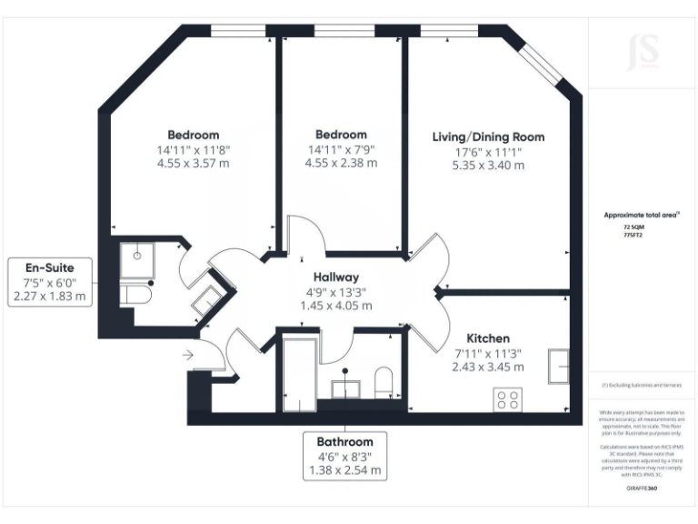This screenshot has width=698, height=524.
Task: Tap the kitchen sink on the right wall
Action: (x=558, y=367)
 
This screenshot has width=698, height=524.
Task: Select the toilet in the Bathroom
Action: (x=383, y=381)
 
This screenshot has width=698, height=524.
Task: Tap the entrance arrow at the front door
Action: (x=189, y=355)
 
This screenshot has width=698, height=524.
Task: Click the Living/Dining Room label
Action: (x=488, y=137)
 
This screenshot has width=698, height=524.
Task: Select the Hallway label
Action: (x=336, y=277)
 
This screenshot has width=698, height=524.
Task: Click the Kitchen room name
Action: (x=488, y=338)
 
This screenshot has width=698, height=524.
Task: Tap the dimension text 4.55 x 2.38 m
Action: (x=341, y=164)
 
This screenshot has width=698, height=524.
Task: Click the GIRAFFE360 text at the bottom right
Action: (x=642, y=489)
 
